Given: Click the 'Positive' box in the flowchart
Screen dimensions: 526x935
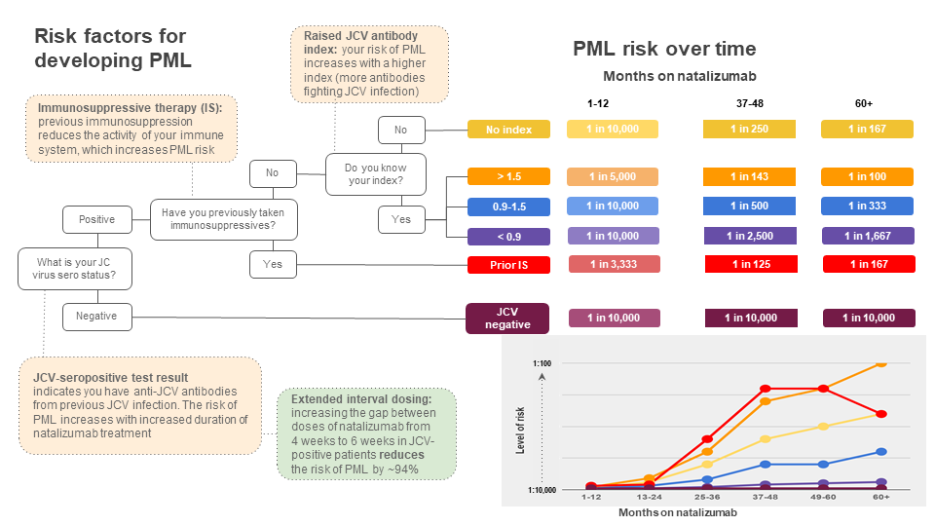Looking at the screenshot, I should (x=96, y=219).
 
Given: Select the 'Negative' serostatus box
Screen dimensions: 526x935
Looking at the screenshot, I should (x=96, y=316).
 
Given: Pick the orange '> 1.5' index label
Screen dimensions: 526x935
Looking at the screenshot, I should (x=508, y=176).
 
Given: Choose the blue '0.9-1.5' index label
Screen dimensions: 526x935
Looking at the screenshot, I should (x=508, y=207).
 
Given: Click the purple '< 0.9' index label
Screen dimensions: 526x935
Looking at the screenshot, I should (x=508, y=236).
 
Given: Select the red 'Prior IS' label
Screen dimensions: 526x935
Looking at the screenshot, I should (x=508, y=264).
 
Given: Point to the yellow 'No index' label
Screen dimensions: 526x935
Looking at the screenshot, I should (x=508, y=130).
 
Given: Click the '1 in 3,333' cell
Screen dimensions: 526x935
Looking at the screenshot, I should (x=611, y=264).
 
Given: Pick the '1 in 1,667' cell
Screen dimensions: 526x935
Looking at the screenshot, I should (x=867, y=236).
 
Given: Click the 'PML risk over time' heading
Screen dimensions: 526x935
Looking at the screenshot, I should (x=663, y=50).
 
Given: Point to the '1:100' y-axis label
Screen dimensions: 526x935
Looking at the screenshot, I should (x=543, y=363).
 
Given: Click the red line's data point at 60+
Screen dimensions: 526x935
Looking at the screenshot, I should (x=880, y=414).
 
